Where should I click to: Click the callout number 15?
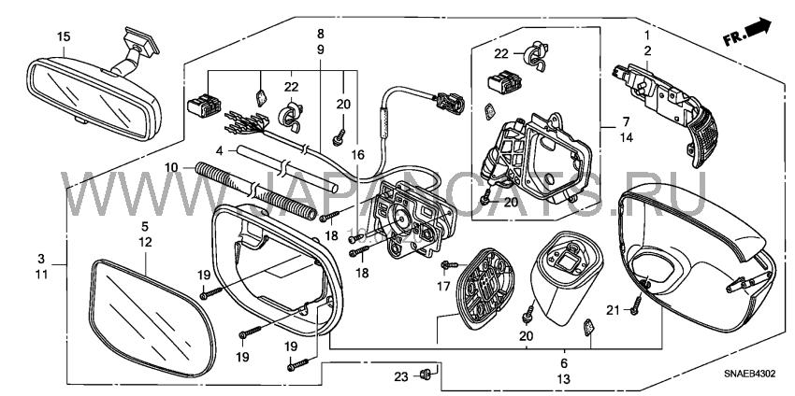click(64, 37)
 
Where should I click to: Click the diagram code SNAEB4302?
click(750, 375)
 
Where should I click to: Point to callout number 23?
click(401, 376)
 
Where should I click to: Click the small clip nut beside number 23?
click(425, 375)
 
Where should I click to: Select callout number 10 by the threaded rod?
click(172, 166)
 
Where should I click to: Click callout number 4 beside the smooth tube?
click(219, 150)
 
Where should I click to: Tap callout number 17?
click(443, 286)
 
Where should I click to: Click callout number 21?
click(613, 310)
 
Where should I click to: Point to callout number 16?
click(358, 155)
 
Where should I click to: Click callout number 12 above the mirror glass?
click(146, 243)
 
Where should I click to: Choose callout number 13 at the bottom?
click(564, 379)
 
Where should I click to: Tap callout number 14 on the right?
click(627, 137)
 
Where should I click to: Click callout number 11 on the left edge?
click(41, 275)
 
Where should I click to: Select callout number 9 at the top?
click(321, 50)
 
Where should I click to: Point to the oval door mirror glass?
click(152, 319)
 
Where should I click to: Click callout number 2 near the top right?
click(647, 50)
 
